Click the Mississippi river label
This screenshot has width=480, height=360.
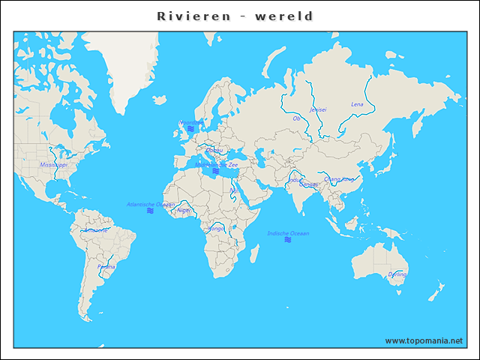click(x=53, y=164)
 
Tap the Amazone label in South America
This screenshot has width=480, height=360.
click(x=95, y=230)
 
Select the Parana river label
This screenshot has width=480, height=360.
click(x=106, y=266)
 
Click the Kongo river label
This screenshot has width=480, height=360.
click(x=215, y=228)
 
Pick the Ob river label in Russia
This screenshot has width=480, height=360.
click(x=296, y=118)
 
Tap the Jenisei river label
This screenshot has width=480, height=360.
click(x=318, y=109)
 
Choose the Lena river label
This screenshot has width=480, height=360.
click(x=357, y=104)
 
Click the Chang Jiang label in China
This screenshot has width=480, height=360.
click(x=339, y=179)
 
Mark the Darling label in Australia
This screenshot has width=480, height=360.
click(x=397, y=274)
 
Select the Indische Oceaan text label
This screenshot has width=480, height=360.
click(x=288, y=233)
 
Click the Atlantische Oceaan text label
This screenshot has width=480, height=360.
click(x=151, y=204)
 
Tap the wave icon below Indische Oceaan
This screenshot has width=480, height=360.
click(x=288, y=240)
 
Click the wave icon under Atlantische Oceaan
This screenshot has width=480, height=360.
click(x=151, y=211)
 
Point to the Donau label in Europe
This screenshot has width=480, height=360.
click(x=214, y=150)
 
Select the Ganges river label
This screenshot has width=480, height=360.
click(x=308, y=184)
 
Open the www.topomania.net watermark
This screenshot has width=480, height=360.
click(x=424, y=340)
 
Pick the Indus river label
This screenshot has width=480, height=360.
click(x=293, y=179)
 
